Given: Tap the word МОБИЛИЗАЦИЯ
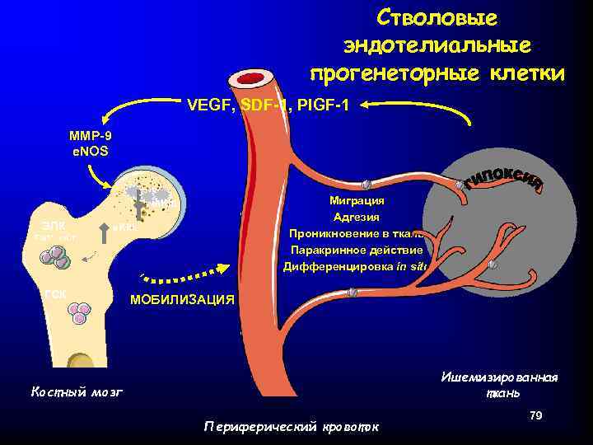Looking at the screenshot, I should (182, 299).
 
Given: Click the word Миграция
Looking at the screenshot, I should (356, 200).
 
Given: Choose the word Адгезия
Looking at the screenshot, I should (356, 217).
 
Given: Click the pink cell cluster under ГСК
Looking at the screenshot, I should (79, 312).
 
